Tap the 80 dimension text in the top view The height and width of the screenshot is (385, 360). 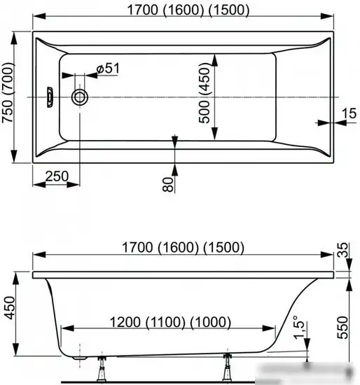click(x=167, y=185)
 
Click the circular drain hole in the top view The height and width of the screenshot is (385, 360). click(x=81, y=97)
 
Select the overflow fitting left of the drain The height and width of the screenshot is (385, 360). click(x=50, y=97)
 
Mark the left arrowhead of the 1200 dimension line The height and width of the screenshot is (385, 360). click(x=66, y=328)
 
